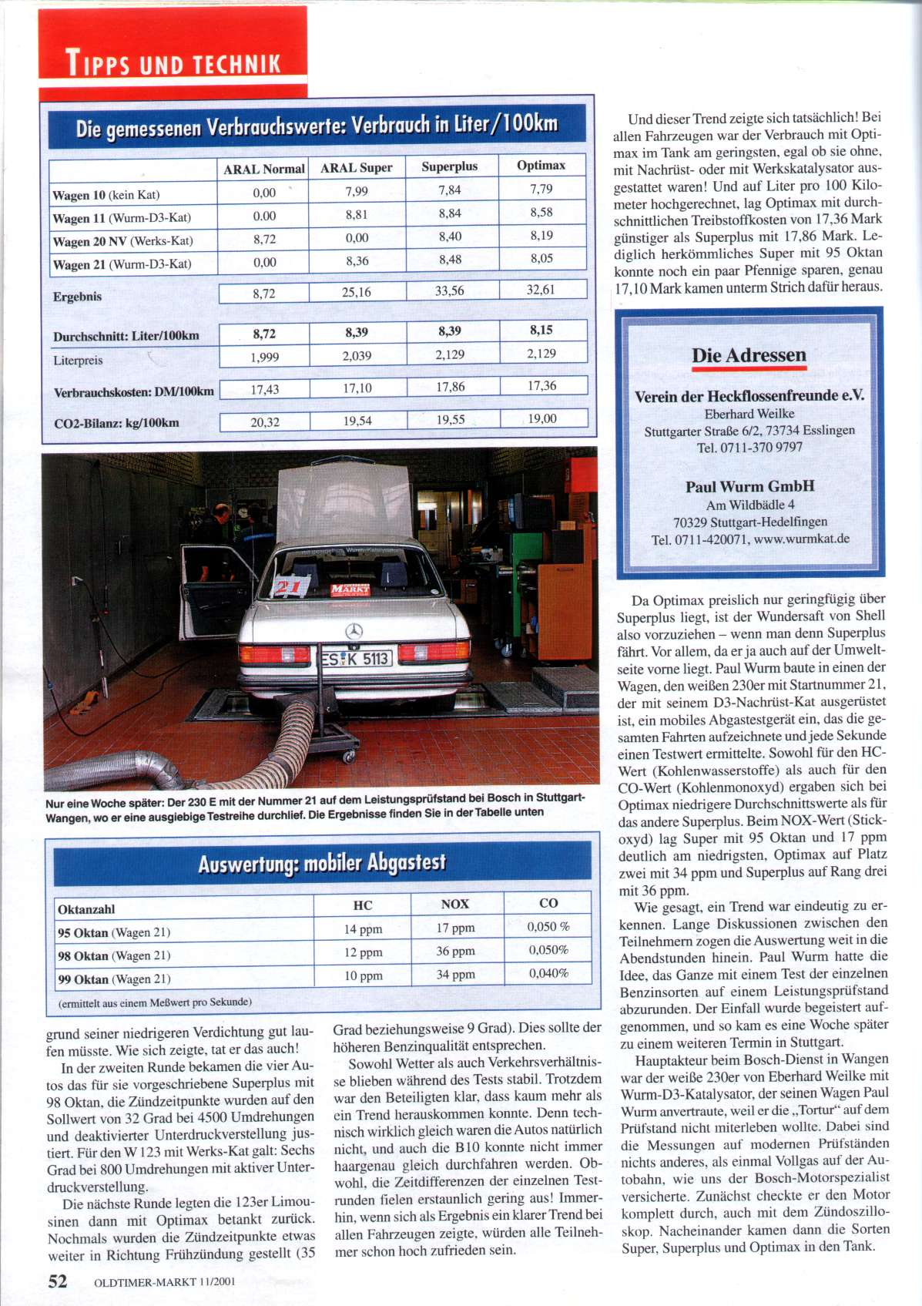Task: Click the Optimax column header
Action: [541, 165]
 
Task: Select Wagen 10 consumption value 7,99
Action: [357, 191]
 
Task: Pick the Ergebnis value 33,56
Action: [450, 290]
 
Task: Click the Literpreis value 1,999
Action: [264, 357]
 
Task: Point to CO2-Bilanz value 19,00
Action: [542, 418]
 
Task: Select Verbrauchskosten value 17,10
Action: [357, 388]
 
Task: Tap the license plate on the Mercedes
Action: [356, 658]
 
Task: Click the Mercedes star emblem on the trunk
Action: [354, 630]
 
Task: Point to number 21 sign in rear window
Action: [288, 587]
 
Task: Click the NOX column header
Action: [454, 904]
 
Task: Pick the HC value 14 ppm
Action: [363, 929]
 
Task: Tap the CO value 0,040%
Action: [548, 973]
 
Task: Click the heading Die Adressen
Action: [749, 355]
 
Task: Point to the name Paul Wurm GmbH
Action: [749, 486]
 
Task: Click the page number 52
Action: [58, 1281]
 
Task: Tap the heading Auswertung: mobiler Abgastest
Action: [322, 863]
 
